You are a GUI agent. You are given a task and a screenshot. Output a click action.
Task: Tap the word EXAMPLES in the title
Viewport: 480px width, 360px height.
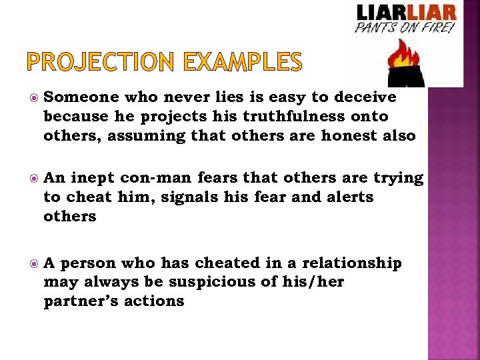pyautogui.click(x=243, y=63)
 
